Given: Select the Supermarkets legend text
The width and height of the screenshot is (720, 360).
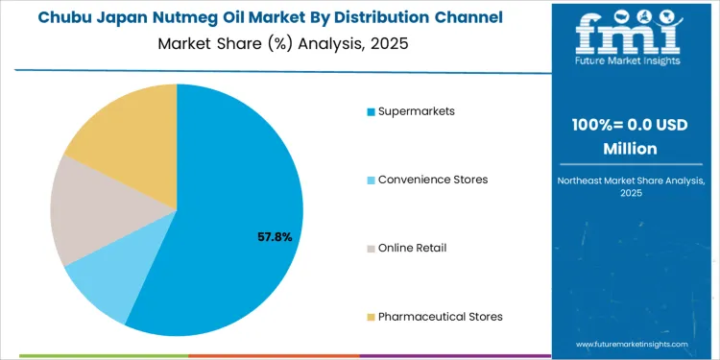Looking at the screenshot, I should coord(417,111).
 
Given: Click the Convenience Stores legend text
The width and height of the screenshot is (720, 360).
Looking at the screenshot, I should coord(433,180).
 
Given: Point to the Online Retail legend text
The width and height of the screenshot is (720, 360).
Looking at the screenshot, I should coord(412,248).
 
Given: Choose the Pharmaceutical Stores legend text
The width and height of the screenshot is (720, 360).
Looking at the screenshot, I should coord(441,316).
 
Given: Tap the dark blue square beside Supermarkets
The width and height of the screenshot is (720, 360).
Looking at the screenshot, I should coord(371,112).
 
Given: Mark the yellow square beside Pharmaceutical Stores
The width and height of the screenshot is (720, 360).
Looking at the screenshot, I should coord(371,317).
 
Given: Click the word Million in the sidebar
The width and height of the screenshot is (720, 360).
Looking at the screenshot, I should coord(629,148).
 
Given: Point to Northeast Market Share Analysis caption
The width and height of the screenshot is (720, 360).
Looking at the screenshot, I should coord(629,181).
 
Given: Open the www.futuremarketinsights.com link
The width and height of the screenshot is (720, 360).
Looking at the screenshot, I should coord(633,343).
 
